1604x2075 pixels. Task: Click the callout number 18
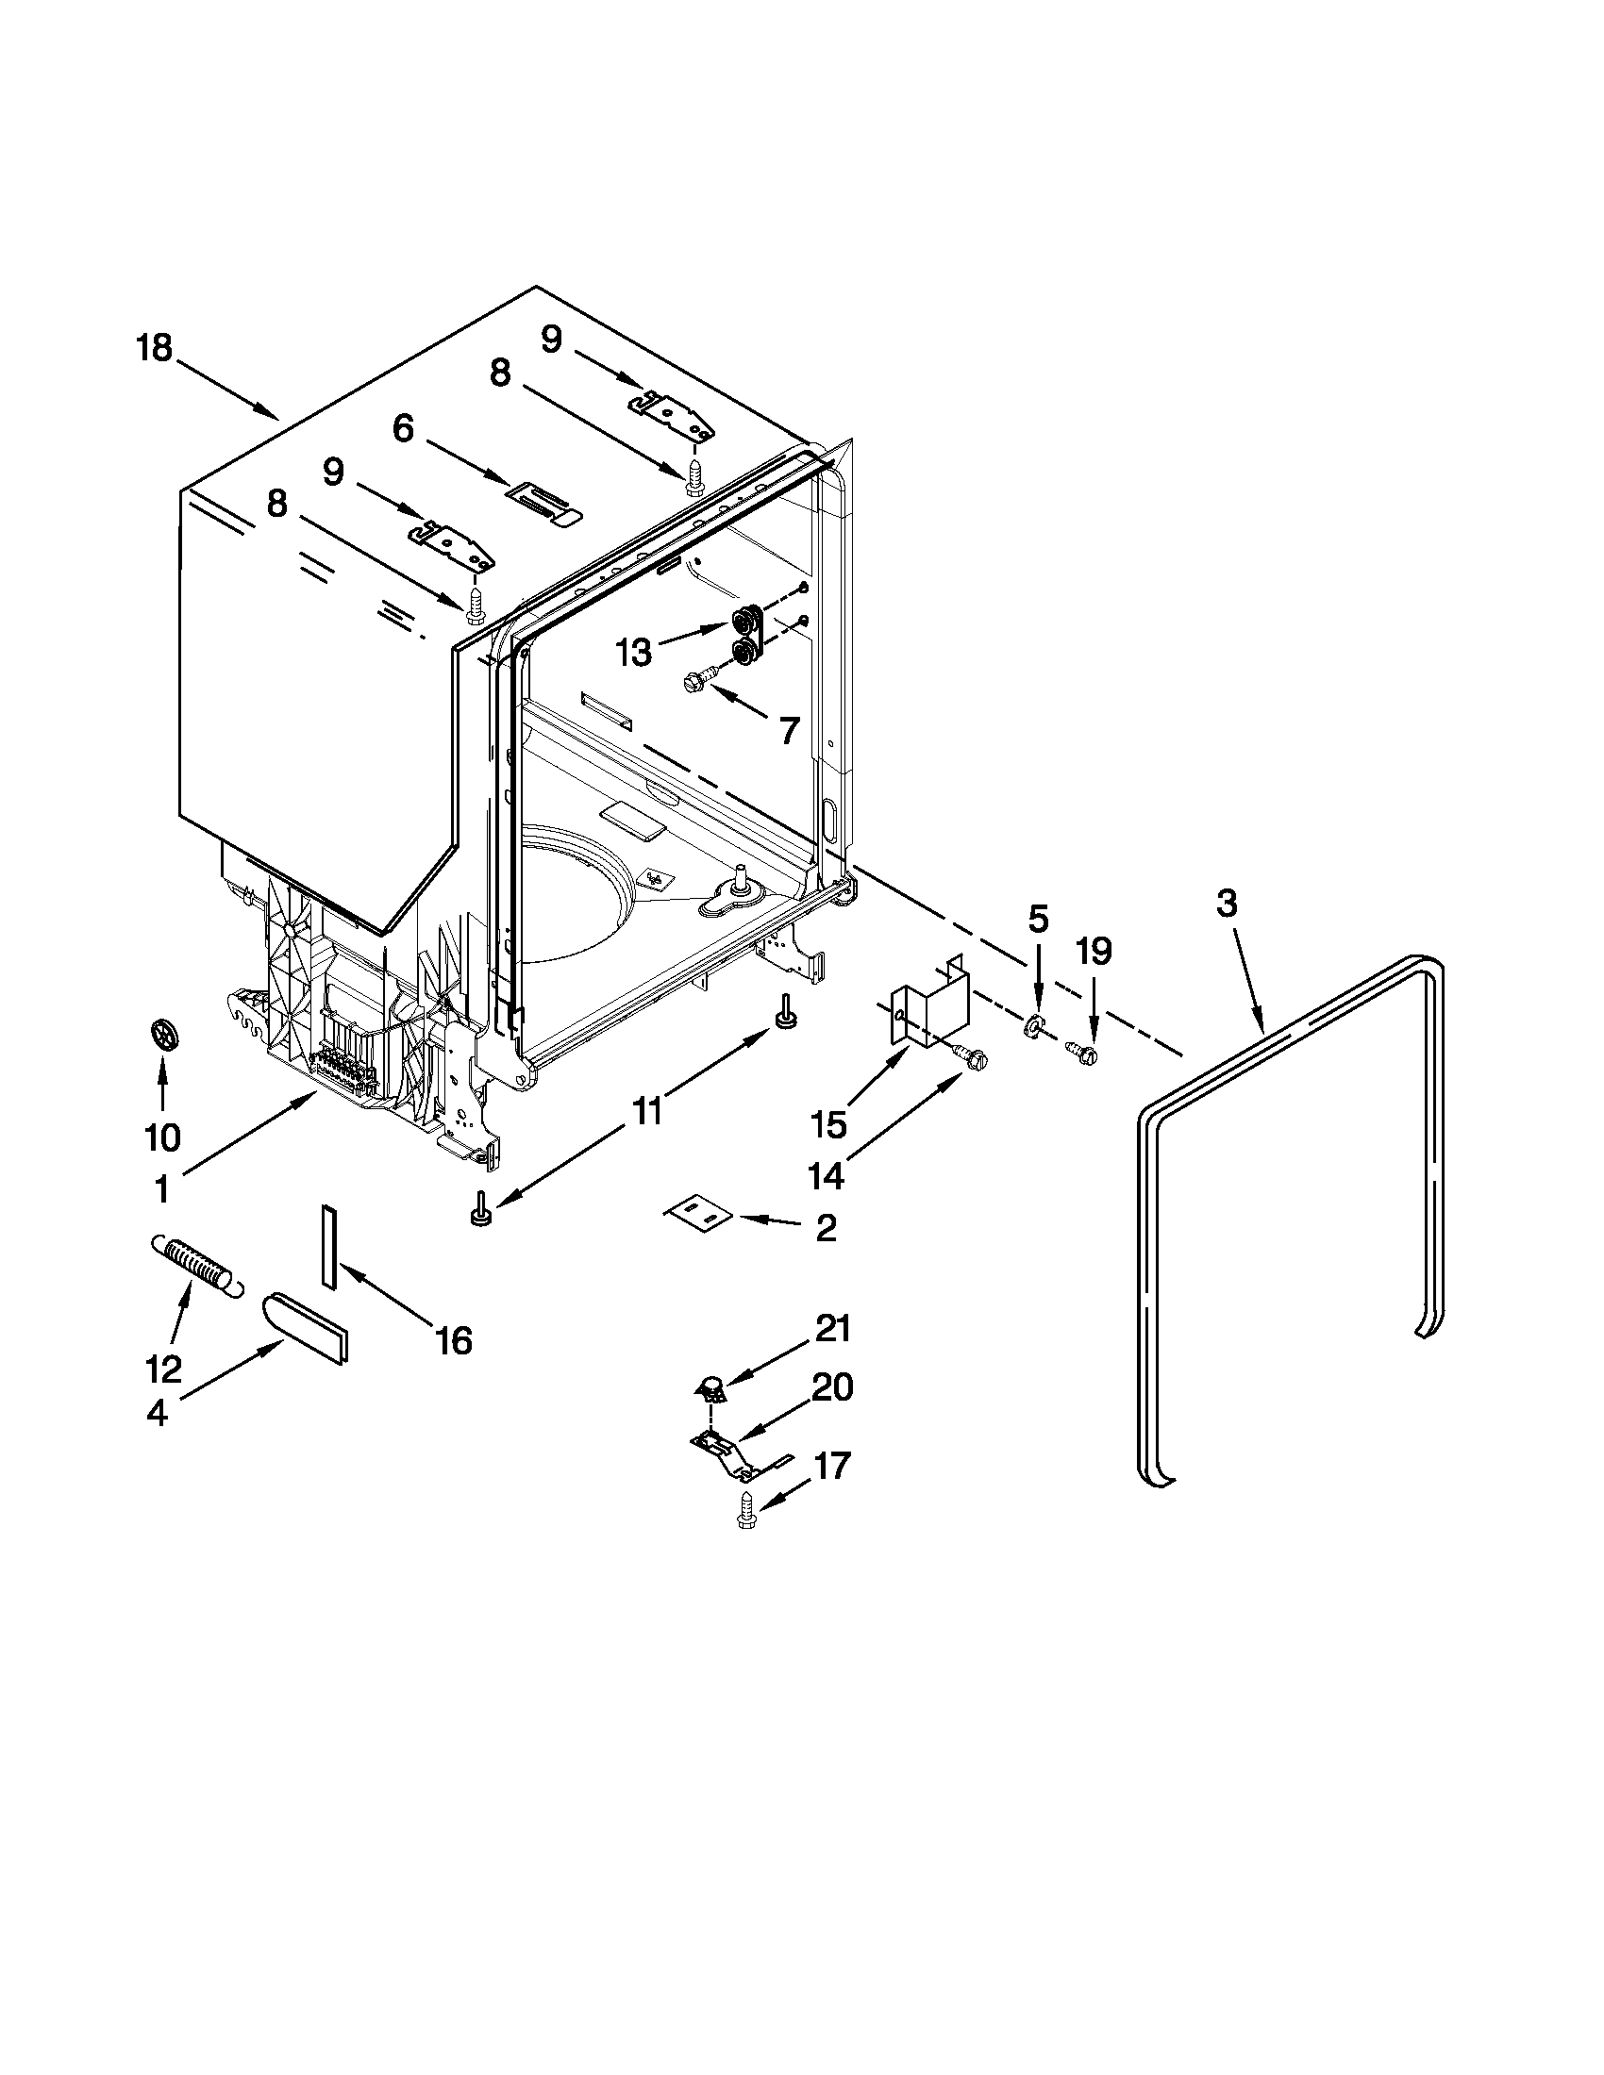[x=154, y=349]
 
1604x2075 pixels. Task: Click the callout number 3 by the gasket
[x=1227, y=904]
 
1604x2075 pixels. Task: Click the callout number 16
[x=454, y=1340]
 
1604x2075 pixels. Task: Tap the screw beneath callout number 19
[x=1084, y=1052]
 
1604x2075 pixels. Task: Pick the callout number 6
[x=403, y=428]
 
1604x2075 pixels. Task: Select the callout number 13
[x=634, y=653]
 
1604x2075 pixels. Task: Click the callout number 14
[x=825, y=1177]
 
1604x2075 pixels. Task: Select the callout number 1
[x=161, y=1188]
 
